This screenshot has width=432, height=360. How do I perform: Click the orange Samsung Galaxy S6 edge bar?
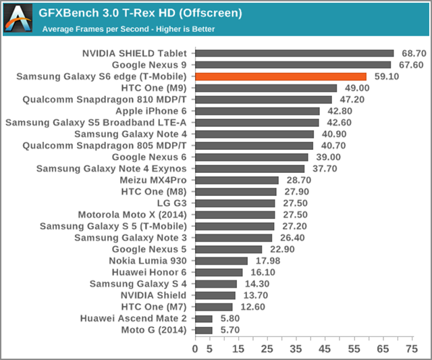281,76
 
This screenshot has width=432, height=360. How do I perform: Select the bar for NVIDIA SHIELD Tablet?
294,53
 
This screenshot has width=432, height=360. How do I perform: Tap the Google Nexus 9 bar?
293,65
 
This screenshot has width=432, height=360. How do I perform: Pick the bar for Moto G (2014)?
204,330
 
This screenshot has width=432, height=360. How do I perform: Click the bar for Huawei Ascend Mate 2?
204,318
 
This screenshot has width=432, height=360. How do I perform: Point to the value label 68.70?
412,53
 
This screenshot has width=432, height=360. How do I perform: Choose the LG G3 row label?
173,203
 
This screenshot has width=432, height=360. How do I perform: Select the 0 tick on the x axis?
195,349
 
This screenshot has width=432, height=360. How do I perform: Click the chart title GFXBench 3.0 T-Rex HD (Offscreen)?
140,13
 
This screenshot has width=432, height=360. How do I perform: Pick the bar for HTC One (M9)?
266,88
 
